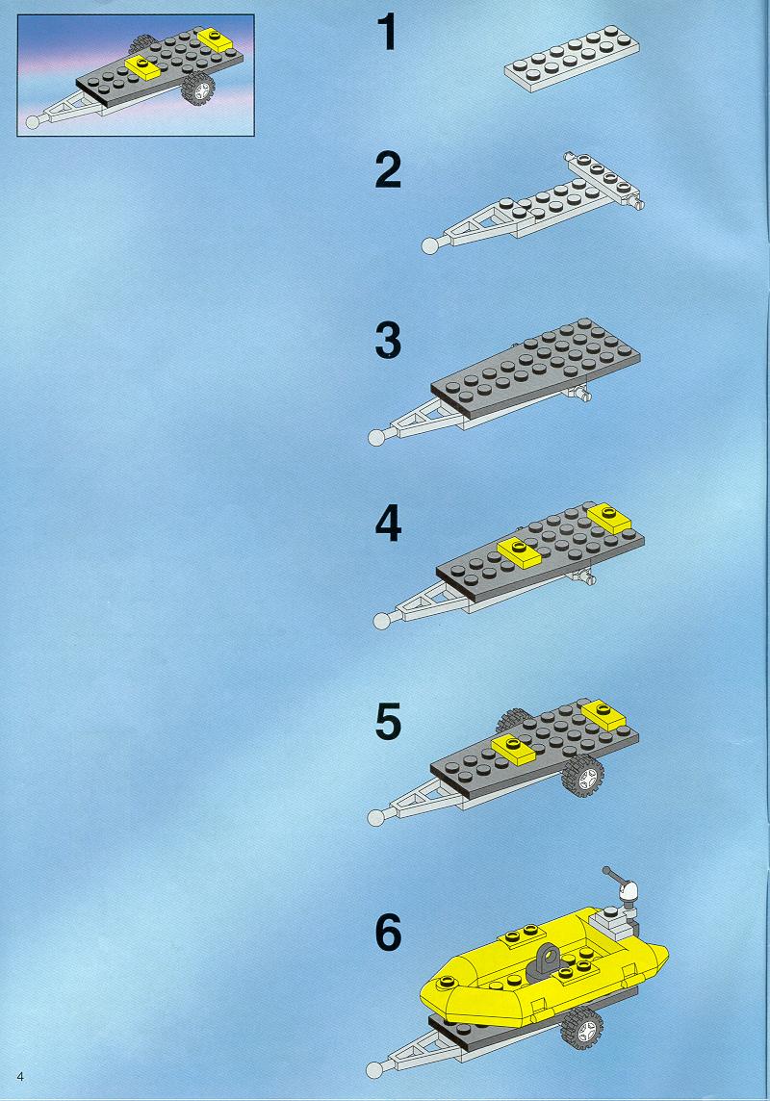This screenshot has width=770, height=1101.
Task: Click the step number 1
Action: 387,33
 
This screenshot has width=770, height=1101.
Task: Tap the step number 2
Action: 388,170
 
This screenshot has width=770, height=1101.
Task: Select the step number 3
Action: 388,341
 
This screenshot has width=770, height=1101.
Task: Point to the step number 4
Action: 388,525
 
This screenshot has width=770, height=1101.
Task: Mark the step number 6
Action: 388,933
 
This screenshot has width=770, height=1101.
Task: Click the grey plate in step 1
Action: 572,59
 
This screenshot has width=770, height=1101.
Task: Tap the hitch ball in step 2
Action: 429,245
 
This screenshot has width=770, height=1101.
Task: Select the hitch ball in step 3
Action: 377,437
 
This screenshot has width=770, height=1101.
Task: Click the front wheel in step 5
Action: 582,778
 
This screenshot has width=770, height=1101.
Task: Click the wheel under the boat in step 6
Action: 582,1028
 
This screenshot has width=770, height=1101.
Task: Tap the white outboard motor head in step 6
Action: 629,893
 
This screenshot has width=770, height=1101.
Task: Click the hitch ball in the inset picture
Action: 33,122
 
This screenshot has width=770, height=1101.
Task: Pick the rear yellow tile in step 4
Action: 608,518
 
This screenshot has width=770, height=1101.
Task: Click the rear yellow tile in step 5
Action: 603,714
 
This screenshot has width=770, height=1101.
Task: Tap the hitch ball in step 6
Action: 374,1069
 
